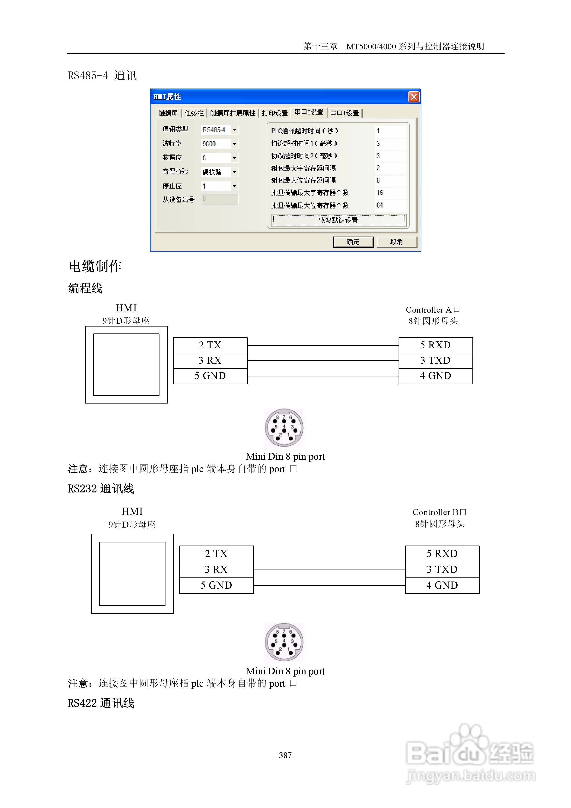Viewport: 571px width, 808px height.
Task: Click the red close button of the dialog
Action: pyautogui.click(x=414, y=97)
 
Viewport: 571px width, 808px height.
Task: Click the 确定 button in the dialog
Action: pyautogui.click(x=353, y=242)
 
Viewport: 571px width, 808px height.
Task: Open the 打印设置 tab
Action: pyautogui.click(x=275, y=113)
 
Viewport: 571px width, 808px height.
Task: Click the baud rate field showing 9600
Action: pyautogui.click(x=216, y=144)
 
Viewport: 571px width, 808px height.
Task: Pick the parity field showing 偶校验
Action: pyautogui.click(x=216, y=172)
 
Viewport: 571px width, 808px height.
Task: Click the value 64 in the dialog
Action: pyautogui.click(x=380, y=205)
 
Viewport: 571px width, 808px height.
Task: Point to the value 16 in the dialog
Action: pyautogui.click(x=380, y=193)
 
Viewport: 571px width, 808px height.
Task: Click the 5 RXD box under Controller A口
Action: pyautogui.click(x=436, y=345)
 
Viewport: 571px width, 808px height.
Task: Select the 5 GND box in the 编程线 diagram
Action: pyautogui.click(x=210, y=376)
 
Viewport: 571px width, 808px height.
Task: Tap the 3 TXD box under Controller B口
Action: pyautogui.click(x=442, y=569)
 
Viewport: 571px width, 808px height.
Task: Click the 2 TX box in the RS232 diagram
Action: pyautogui.click(x=216, y=553)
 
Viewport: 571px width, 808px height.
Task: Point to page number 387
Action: pyautogui.click(x=285, y=755)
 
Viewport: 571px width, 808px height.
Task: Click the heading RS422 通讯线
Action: pyautogui.click(x=101, y=703)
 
